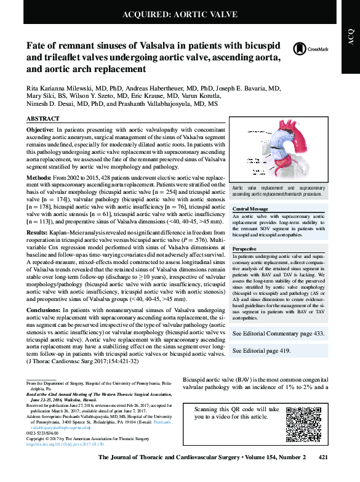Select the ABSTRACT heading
coord(43,118)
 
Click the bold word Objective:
coord(41,131)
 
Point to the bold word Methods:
coord(39,176)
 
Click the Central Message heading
coord(250,209)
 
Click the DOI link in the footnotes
coord(65,443)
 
